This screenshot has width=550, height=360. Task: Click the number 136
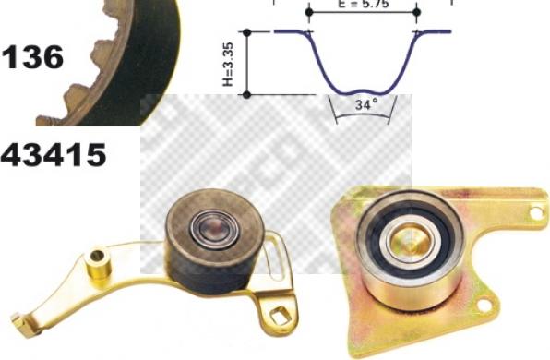(x=32, y=57)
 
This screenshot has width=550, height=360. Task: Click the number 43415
(x=53, y=154)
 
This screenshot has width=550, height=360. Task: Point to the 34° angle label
(x=366, y=105)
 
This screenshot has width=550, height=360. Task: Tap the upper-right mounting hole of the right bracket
(x=533, y=214)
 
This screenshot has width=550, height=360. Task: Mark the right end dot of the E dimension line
(x=417, y=13)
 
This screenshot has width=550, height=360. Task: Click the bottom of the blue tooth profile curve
(x=362, y=93)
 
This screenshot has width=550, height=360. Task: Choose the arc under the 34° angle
(x=363, y=119)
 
